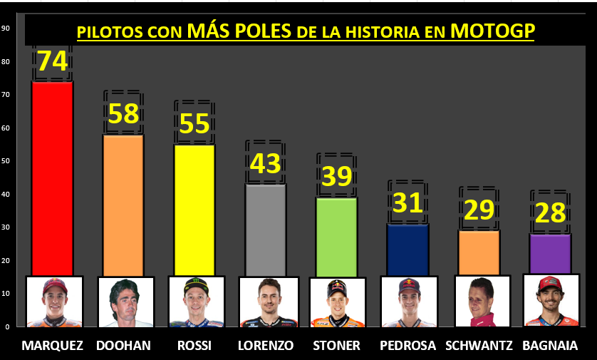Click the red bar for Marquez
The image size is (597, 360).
(52, 178)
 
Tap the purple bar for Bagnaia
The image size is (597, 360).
(551, 253)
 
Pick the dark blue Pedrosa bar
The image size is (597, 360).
(408, 249)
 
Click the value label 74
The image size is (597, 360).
(52, 62)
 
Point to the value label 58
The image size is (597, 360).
(123, 114)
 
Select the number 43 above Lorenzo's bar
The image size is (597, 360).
(265, 164)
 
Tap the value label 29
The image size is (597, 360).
(479, 210)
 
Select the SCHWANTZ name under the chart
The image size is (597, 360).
(479, 346)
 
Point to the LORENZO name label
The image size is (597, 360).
(266, 346)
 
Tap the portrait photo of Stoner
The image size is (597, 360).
(337, 302)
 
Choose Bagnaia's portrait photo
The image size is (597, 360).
(550, 300)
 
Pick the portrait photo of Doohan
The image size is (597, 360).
(125, 301)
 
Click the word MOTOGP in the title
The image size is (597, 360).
(492, 31)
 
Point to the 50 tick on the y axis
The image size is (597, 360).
(5, 161)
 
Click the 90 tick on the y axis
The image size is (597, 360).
(5, 29)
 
